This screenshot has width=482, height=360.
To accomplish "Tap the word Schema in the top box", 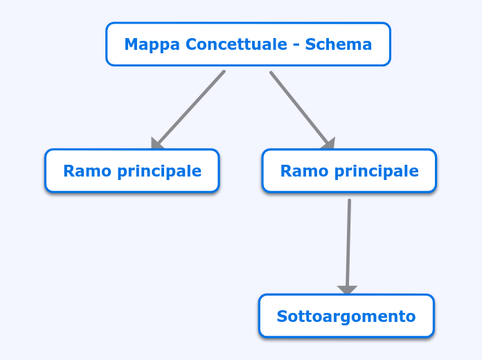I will [338, 45].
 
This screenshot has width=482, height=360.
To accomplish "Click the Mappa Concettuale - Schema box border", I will [248, 24].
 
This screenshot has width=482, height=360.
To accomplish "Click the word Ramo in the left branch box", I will [82, 171].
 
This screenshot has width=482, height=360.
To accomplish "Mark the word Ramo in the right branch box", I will [299, 171].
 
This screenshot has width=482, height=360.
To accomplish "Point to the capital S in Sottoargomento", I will [281, 316].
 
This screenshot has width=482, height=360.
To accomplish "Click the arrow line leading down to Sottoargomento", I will [348, 242].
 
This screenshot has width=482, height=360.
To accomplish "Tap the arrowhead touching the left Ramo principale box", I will [157, 144].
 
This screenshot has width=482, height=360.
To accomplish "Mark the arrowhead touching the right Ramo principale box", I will [328, 144].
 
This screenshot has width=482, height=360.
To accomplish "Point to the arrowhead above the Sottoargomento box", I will [347, 290].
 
